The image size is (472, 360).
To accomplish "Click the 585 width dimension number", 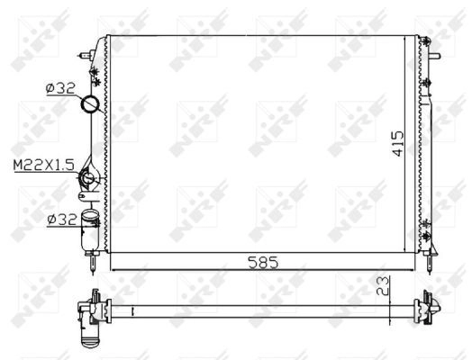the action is click(263, 263).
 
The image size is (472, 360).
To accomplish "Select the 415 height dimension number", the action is click(398, 143).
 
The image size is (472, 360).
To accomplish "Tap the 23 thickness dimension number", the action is click(383, 286).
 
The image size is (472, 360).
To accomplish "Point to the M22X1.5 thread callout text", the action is click(43, 165).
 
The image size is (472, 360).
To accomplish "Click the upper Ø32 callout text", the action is click(60, 88).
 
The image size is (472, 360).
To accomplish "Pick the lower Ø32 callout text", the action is click(62, 220).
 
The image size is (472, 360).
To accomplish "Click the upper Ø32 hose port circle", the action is click(90, 103).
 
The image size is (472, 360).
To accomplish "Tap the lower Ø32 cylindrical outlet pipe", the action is click(90, 230).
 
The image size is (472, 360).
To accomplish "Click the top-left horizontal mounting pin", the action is click(86, 56).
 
